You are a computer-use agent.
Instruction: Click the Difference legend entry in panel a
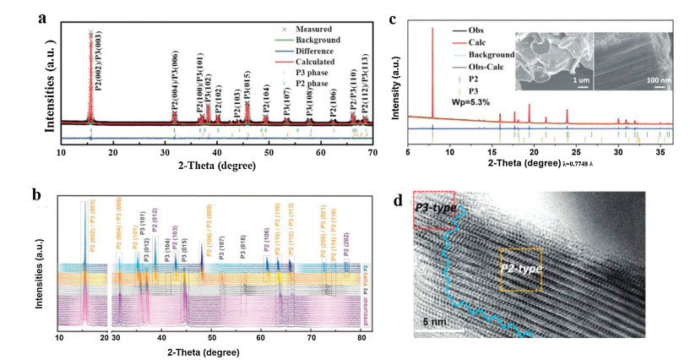pyautogui.click(x=296, y=51)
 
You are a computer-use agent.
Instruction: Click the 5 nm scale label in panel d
pyautogui.click(x=435, y=322)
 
